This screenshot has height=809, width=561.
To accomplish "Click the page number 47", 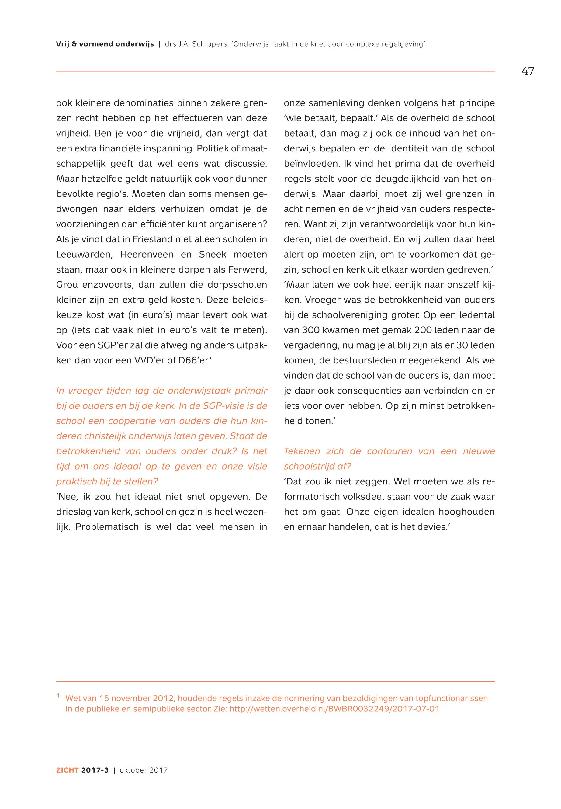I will [528, 71].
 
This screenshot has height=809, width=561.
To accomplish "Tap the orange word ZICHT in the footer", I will [68, 770].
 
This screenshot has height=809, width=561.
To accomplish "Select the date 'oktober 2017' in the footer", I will [144, 770].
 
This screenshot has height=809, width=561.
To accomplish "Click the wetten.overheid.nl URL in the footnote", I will [334, 708].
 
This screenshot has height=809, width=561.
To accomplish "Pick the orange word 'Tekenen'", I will [302, 451].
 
